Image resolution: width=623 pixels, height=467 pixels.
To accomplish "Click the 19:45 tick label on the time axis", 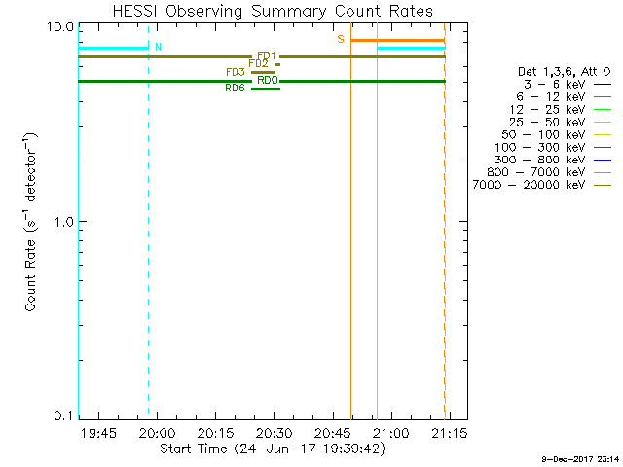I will (x=99, y=432).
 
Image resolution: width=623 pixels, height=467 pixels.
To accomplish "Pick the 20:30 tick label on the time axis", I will (x=275, y=432).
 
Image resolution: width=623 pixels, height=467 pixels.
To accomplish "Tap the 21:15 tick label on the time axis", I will (x=450, y=432).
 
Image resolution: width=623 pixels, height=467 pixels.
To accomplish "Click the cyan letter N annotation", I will (x=158, y=47).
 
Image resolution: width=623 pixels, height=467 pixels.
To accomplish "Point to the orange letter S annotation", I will (x=341, y=39).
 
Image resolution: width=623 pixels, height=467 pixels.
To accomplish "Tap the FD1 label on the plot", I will (x=267, y=56).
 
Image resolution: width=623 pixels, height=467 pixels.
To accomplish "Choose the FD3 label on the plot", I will (x=235, y=72).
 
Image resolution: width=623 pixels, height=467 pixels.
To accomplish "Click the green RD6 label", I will (x=235, y=89).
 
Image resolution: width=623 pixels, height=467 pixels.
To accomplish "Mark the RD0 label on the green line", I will (x=268, y=81).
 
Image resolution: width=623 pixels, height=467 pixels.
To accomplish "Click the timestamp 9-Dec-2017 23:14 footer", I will (x=579, y=458).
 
